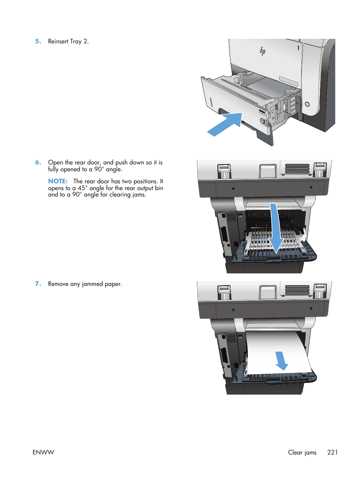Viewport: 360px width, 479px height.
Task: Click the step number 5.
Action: click(x=38, y=41)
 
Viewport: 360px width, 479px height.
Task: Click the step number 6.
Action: click(x=38, y=163)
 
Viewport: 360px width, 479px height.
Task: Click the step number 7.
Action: click(x=38, y=284)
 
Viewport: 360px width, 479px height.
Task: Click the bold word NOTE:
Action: click(x=57, y=181)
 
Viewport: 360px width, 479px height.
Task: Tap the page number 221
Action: click(x=332, y=452)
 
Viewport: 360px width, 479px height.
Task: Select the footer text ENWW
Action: click(x=43, y=452)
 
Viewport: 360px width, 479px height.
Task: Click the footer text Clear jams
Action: click(x=302, y=452)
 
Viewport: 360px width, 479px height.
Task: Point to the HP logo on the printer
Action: click(x=263, y=51)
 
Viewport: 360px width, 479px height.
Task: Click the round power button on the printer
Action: click(x=307, y=104)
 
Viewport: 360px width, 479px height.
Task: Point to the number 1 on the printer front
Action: click(x=298, y=48)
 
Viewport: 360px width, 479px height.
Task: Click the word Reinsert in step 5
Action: click(x=58, y=41)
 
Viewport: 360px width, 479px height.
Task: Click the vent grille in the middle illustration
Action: click(x=297, y=169)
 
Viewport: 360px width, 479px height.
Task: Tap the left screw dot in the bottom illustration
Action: click(x=233, y=310)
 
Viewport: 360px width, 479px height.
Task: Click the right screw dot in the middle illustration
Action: click(x=311, y=187)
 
